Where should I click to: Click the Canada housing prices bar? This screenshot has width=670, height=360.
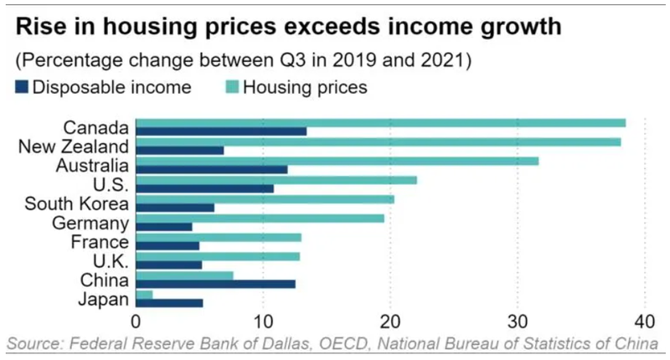point(380,123)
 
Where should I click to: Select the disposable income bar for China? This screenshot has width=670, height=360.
point(215,284)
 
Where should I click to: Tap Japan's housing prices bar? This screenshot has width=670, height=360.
point(144,294)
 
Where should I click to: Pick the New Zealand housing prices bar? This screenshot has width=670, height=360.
point(378,141)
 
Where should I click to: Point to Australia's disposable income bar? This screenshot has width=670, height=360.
point(211,169)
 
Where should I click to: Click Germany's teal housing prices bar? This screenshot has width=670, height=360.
point(260,218)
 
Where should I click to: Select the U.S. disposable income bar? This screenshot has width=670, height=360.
point(204,188)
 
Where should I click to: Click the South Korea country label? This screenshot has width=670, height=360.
point(76,203)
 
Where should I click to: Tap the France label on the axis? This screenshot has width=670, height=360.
point(100,242)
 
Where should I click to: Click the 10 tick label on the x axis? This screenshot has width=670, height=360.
point(263,321)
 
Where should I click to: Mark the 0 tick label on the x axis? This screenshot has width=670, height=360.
point(136,321)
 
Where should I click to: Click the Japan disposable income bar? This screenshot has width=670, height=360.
point(169,303)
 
